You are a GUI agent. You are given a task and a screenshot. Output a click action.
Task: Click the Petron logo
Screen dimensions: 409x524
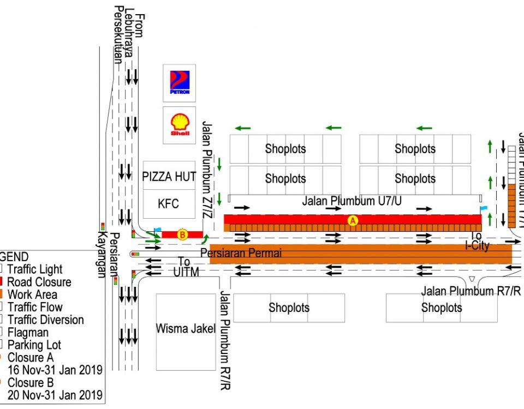coord(180,82)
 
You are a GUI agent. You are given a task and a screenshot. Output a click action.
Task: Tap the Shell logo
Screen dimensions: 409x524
coord(180,124)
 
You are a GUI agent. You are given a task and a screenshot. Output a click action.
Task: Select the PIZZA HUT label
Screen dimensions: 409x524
coord(169,177)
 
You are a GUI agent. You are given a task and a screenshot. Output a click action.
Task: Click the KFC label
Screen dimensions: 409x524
coord(168,204)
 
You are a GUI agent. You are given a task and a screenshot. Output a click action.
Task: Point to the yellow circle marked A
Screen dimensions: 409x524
coord(353,220)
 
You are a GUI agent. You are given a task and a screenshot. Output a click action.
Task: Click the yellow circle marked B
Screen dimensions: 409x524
coord(183,235)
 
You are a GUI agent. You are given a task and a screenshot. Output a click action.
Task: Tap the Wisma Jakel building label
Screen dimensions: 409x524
coord(186,329)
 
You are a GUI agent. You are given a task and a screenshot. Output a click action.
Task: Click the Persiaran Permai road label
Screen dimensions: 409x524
coord(241,253)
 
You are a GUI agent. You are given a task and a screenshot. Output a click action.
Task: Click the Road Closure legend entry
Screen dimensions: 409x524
coord(39,282)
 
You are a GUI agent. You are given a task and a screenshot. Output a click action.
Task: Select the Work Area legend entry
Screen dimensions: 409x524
coord(32,294)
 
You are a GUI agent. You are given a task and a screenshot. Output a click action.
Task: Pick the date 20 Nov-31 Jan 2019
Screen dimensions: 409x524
coord(55,395)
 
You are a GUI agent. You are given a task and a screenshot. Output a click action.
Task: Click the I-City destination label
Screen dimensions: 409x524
coord(477,245)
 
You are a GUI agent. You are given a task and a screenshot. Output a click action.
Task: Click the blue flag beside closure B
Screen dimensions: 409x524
coord(158,231)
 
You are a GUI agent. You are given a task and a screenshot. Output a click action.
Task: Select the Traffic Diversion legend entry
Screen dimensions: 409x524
coord(45,320)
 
